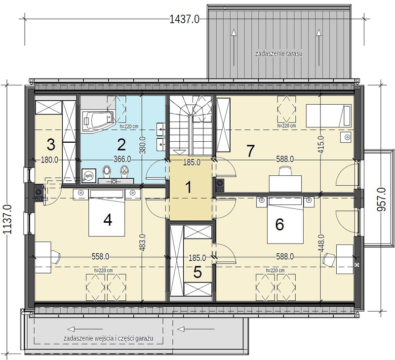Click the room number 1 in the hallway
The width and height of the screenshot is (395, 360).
point(189,188)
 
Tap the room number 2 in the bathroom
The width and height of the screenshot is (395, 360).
point(121,144)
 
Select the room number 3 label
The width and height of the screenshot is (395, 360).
point(51,145)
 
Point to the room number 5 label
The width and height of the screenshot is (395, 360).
point(197,272)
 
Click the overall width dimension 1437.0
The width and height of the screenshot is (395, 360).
point(185,19)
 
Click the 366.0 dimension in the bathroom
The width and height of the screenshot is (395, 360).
point(122,160)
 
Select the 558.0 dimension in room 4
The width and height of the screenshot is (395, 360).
point(100,257)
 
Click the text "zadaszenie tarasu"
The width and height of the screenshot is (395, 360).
point(279,53)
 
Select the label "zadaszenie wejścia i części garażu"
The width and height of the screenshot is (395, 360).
point(109,338)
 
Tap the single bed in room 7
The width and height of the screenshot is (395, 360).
point(328,116)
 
